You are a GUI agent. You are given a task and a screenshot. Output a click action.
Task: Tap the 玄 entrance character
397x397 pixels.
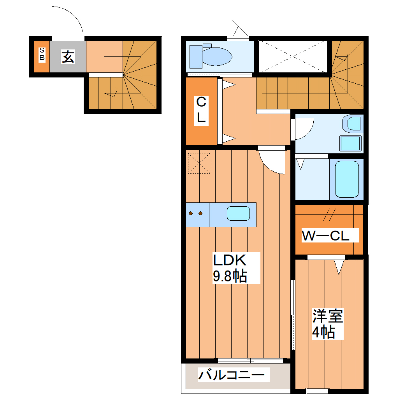[x=68, y=57]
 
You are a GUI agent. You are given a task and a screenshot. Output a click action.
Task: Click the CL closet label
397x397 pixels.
[x=201, y=110]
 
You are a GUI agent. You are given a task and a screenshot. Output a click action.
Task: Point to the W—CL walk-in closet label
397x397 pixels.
[x=326, y=235]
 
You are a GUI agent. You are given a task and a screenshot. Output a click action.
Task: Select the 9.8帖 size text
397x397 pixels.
[x=230, y=276]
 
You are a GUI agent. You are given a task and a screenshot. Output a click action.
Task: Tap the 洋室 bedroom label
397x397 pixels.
[x=328, y=316]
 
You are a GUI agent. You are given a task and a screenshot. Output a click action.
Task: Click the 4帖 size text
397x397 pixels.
[x=323, y=332]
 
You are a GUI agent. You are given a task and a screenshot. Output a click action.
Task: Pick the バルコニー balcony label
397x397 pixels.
[x=232, y=376]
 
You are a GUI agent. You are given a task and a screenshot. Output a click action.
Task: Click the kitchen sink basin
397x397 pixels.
[x=238, y=214]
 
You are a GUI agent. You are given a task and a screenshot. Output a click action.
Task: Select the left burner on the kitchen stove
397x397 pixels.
[x=191, y=213]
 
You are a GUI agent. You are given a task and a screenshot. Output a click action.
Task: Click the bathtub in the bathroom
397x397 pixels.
[x=347, y=179]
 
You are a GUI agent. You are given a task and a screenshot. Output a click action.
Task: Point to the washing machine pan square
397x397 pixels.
[x=351, y=144]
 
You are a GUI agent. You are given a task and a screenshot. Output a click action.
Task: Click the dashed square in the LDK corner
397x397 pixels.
[x=199, y=163]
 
